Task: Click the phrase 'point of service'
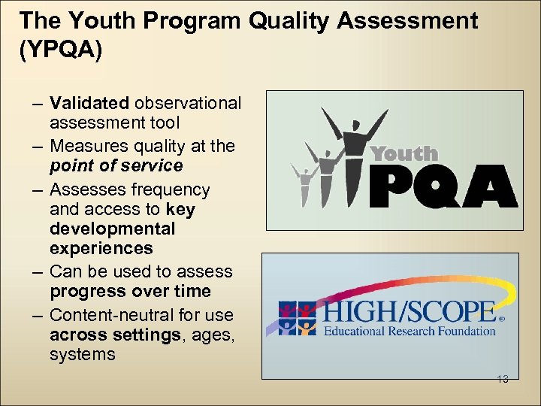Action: tap(116, 165)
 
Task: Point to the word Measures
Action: tap(85, 146)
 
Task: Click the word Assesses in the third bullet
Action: tap(83, 189)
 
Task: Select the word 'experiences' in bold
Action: tap(101, 248)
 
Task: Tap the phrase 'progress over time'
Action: tap(130, 291)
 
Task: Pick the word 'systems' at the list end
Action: tap(83, 354)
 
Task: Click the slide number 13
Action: tap(503, 379)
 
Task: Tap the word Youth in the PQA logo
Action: tap(404, 154)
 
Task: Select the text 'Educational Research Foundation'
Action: tap(410, 330)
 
